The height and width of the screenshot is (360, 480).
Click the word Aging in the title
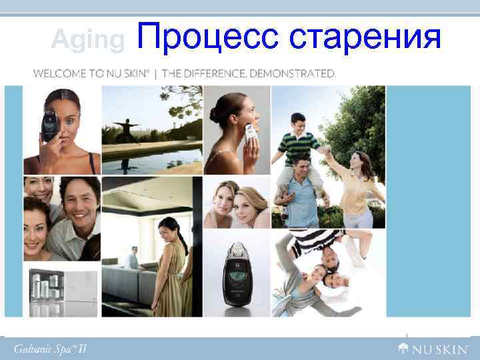[88, 41]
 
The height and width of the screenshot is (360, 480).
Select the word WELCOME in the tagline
[57, 73]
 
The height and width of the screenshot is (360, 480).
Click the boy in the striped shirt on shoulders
[299, 140]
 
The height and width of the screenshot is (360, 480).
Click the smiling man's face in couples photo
[79, 200]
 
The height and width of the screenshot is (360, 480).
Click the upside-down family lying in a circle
[320, 273]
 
